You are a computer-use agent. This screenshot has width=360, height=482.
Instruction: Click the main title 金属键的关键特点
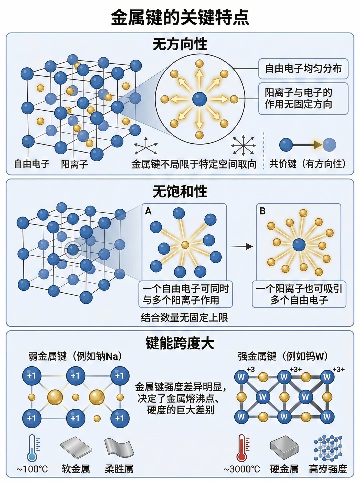click(180, 17)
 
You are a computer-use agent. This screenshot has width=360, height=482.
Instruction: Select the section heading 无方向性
click(180, 44)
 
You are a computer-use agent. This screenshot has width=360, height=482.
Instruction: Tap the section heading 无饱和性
click(180, 191)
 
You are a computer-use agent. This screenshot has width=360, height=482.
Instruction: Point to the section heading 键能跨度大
click(180, 343)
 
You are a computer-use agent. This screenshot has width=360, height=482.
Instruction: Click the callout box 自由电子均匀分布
click(303, 69)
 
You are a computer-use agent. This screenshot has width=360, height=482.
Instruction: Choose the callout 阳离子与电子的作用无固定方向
click(303, 98)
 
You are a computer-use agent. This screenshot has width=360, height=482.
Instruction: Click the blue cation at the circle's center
click(199, 99)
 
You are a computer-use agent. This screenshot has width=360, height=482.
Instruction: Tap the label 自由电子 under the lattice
click(32, 164)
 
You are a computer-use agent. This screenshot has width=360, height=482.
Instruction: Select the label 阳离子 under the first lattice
click(74, 164)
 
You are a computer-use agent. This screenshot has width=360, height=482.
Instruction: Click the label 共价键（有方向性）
click(308, 164)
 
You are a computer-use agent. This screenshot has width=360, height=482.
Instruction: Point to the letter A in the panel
click(148, 211)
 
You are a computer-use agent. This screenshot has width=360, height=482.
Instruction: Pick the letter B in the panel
click(262, 211)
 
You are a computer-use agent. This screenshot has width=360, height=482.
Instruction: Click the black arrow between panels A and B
click(241, 247)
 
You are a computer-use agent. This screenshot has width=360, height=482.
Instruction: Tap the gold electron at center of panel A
click(185, 245)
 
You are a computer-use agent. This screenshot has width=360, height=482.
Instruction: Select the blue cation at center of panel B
click(299, 245)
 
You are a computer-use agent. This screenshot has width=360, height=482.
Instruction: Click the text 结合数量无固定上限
click(184, 317)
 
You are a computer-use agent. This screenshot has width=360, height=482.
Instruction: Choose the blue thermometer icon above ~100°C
click(33, 448)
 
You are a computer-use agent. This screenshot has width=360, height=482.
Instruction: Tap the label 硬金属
click(284, 469)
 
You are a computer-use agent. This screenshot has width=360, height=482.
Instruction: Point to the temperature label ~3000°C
click(242, 469)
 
